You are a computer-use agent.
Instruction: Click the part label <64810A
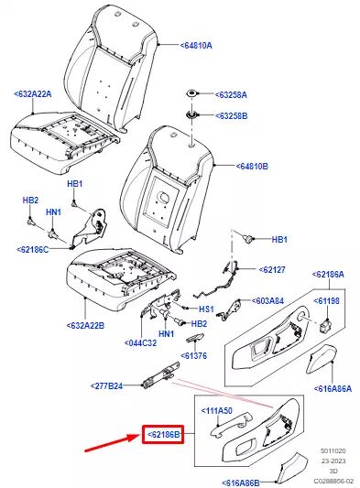click(x=196, y=46)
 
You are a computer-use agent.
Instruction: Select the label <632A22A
click(x=33, y=93)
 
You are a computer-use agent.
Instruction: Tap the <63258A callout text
click(x=231, y=94)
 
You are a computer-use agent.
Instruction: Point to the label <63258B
click(x=232, y=115)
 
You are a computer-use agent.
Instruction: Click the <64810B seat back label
click(x=252, y=167)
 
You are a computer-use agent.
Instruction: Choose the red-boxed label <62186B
click(x=163, y=434)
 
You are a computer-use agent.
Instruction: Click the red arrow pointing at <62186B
click(x=113, y=443)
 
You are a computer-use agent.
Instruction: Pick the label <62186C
click(x=33, y=250)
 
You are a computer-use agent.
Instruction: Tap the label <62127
click(x=272, y=269)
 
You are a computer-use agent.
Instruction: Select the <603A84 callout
click(x=267, y=301)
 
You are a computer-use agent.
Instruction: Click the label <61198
click(x=326, y=301)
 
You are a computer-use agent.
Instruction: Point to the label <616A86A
click(x=333, y=388)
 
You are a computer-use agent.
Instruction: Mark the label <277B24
click(x=106, y=386)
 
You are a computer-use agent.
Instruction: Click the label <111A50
click(x=217, y=411)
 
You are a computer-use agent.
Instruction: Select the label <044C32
click(x=140, y=343)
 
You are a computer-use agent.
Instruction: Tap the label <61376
click(x=193, y=355)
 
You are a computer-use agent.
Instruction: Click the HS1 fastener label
click(x=206, y=309)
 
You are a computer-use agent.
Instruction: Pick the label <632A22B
click(x=85, y=326)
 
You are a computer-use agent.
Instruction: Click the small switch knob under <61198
click(x=326, y=325)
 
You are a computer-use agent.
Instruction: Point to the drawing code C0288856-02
click(x=333, y=482)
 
